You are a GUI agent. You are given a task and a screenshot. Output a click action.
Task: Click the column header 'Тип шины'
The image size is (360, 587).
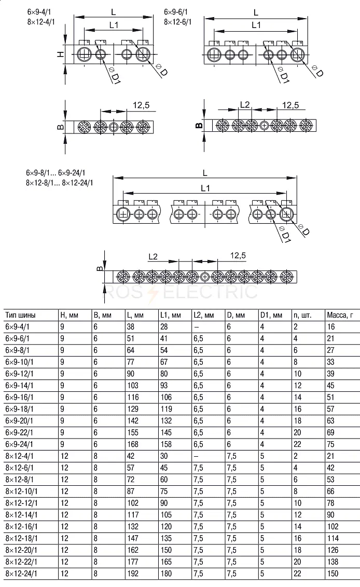tap(21, 315)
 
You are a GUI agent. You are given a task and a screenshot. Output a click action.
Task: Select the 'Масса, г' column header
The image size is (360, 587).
tap(340, 315)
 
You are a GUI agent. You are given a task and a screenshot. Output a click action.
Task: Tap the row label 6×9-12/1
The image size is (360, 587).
tap(20, 374)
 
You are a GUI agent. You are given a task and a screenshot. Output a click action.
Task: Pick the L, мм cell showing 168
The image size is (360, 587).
tap(133, 444)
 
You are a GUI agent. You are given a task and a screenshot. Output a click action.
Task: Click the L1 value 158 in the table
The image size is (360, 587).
tap(166, 444)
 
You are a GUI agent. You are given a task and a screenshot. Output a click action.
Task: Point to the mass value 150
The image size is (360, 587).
tap(333, 574)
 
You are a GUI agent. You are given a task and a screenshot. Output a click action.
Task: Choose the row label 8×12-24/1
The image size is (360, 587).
tap(21, 574)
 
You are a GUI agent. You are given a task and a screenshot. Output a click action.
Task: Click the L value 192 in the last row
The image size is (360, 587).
tap(133, 574)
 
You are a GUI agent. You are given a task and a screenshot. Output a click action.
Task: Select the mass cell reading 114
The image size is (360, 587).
tap(333, 538)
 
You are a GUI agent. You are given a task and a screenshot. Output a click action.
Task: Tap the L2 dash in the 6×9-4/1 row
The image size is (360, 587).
tap(196, 327)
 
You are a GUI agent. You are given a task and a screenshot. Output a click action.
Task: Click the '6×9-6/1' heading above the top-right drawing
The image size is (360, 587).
tap(176, 12)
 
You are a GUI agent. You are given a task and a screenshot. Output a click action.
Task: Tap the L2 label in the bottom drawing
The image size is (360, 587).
tap(153, 257)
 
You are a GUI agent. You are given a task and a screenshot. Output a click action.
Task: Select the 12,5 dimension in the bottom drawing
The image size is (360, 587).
tap(238, 255)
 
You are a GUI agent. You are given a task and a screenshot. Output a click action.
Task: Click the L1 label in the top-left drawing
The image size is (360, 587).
tap(114, 25)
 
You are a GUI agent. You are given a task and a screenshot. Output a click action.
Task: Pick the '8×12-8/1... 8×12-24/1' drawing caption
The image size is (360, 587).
tap(60, 183)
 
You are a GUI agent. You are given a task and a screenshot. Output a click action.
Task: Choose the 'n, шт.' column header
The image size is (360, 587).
tap(302, 315)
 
